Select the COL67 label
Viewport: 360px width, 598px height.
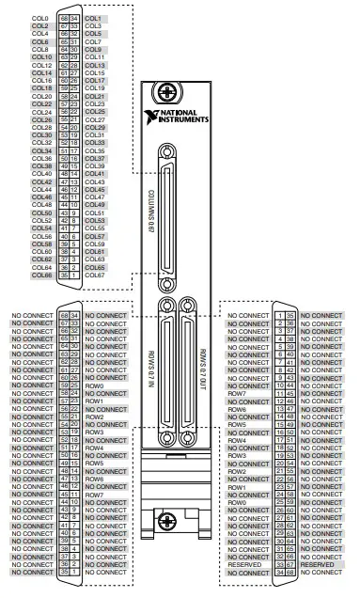pos(94,275)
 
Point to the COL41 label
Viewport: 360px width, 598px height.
pos(94,173)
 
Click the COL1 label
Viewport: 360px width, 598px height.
pos(93,18)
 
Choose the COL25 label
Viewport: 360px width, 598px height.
pos(94,112)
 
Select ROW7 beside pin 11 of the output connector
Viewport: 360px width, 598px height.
pos(237,394)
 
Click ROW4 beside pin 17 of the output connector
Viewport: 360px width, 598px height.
pos(237,440)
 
